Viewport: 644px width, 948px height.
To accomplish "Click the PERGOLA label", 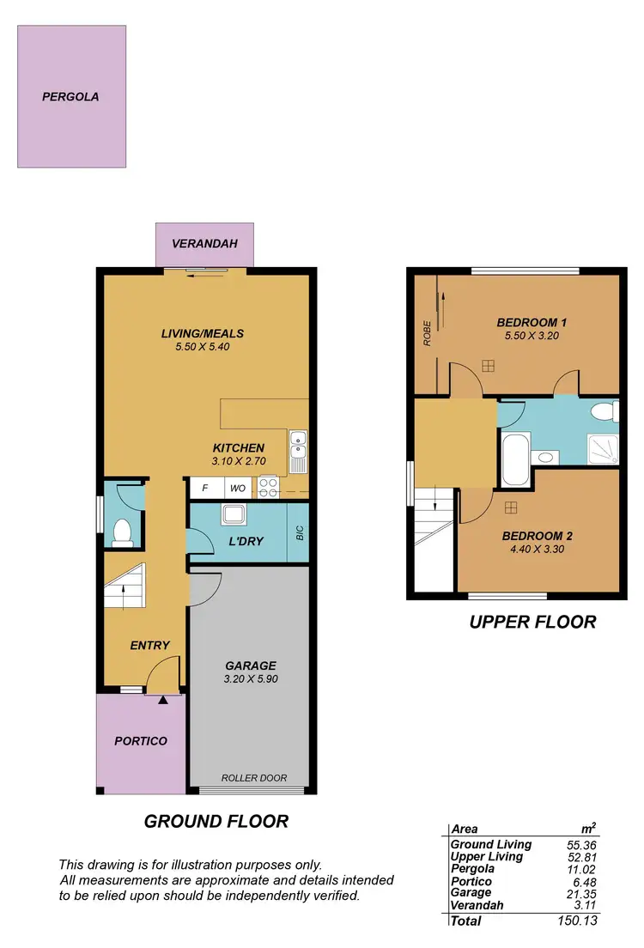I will pyautogui.click(x=70, y=97).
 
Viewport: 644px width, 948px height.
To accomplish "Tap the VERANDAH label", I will pyautogui.click(x=204, y=244).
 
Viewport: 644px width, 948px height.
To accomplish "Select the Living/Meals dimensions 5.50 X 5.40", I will pyautogui.click(x=204, y=348).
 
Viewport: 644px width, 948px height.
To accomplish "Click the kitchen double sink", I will pyautogui.click(x=298, y=451).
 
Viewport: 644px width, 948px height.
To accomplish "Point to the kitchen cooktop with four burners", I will pyautogui.click(x=268, y=488).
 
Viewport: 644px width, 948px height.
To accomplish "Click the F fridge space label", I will pyautogui.click(x=204, y=488).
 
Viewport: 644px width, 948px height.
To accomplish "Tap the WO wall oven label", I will pyautogui.click(x=236, y=488).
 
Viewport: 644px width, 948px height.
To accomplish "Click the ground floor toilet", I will pyautogui.click(x=121, y=532).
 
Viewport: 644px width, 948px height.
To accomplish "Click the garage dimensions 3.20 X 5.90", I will pyautogui.click(x=250, y=678).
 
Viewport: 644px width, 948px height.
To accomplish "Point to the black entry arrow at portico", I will pyautogui.click(x=163, y=700).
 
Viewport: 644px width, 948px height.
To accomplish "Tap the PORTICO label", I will pyautogui.click(x=141, y=741).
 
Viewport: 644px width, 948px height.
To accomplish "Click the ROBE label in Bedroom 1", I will pyautogui.click(x=427, y=333).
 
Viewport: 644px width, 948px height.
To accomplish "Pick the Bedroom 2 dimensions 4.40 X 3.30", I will pyautogui.click(x=537, y=550).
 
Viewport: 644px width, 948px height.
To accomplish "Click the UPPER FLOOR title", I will pyautogui.click(x=532, y=622).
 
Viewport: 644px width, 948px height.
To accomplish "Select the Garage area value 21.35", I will pyautogui.click(x=580, y=893).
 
